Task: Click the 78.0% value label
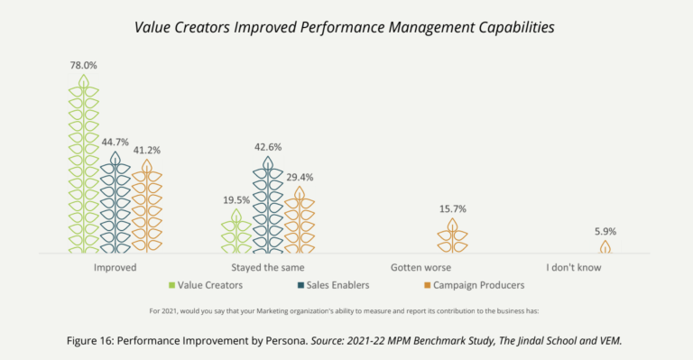click(x=83, y=66)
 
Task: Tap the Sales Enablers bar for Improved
click(x=115, y=203)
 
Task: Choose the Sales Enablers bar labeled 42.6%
click(x=268, y=205)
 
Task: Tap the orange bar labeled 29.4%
click(x=299, y=220)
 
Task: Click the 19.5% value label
click(x=236, y=199)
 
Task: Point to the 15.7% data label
click(x=452, y=209)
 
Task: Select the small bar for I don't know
click(x=605, y=246)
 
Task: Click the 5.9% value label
click(x=605, y=231)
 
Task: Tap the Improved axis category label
click(x=115, y=268)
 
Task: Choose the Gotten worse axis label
click(x=420, y=268)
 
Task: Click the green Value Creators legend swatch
click(x=171, y=286)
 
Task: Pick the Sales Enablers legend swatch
click(x=300, y=286)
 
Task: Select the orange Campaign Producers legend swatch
click(x=427, y=286)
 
